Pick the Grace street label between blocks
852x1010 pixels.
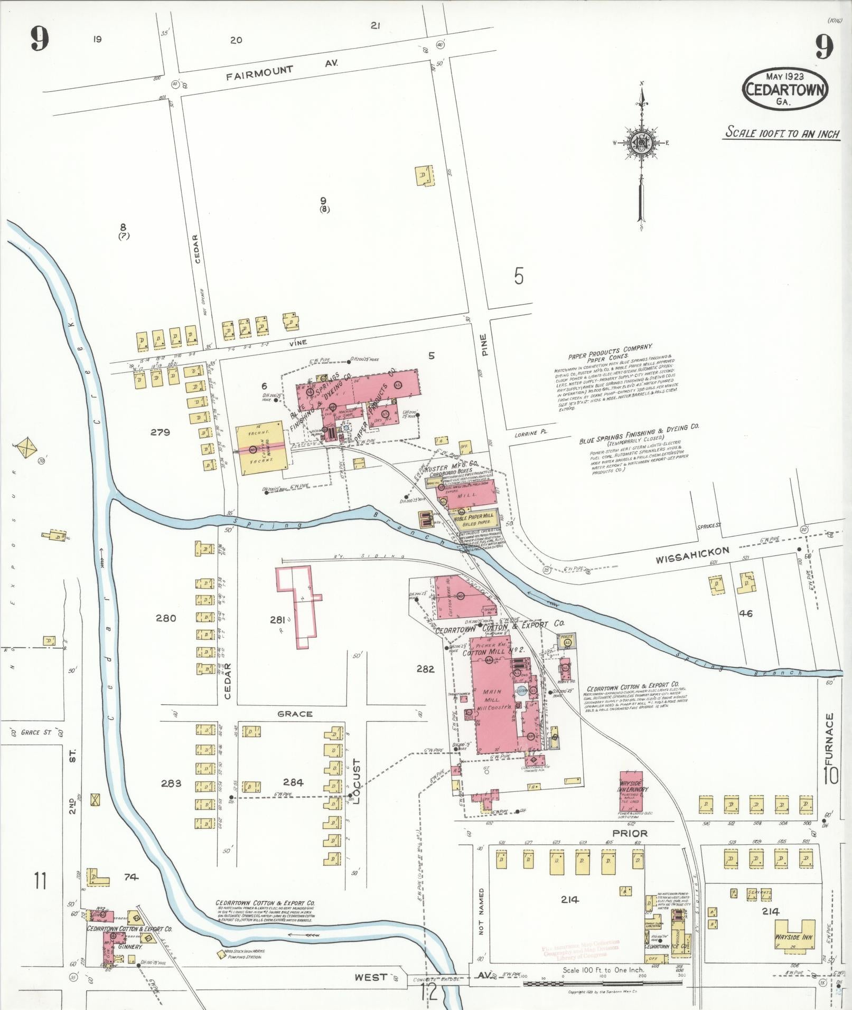coord(295,714)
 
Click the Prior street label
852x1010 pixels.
coord(630,834)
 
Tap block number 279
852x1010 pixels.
coord(160,432)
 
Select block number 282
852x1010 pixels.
coord(425,669)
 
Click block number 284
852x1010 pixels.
coord(293,782)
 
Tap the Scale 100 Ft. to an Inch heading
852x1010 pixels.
coord(782,133)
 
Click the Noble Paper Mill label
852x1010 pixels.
coord(473,516)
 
